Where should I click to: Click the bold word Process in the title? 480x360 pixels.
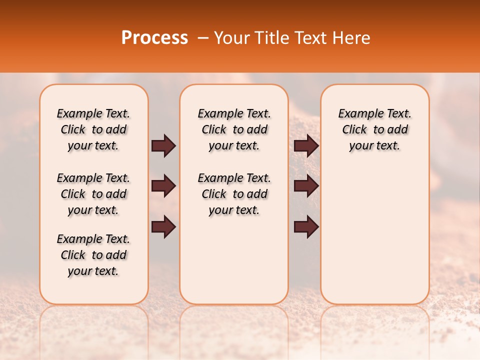[154, 38]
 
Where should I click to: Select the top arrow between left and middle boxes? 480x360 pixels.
[163, 146]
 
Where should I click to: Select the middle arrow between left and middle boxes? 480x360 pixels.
[163, 186]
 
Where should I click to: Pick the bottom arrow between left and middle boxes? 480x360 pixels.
[163, 226]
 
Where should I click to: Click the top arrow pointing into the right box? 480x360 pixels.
[306, 146]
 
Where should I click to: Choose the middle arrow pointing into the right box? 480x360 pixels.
[306, 186]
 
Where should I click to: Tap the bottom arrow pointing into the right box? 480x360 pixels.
[306, 226]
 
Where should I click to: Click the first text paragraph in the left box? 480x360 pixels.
[93, 129]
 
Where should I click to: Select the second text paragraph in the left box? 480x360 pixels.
[93, 194]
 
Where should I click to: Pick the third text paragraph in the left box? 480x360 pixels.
[93, 255]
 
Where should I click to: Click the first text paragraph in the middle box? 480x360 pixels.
[234, 129]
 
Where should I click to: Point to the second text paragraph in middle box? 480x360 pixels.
[234, 194]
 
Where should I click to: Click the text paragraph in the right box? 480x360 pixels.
[374, 129]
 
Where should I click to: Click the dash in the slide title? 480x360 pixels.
[202, 38]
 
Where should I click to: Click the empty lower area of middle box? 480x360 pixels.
[234, 260]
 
